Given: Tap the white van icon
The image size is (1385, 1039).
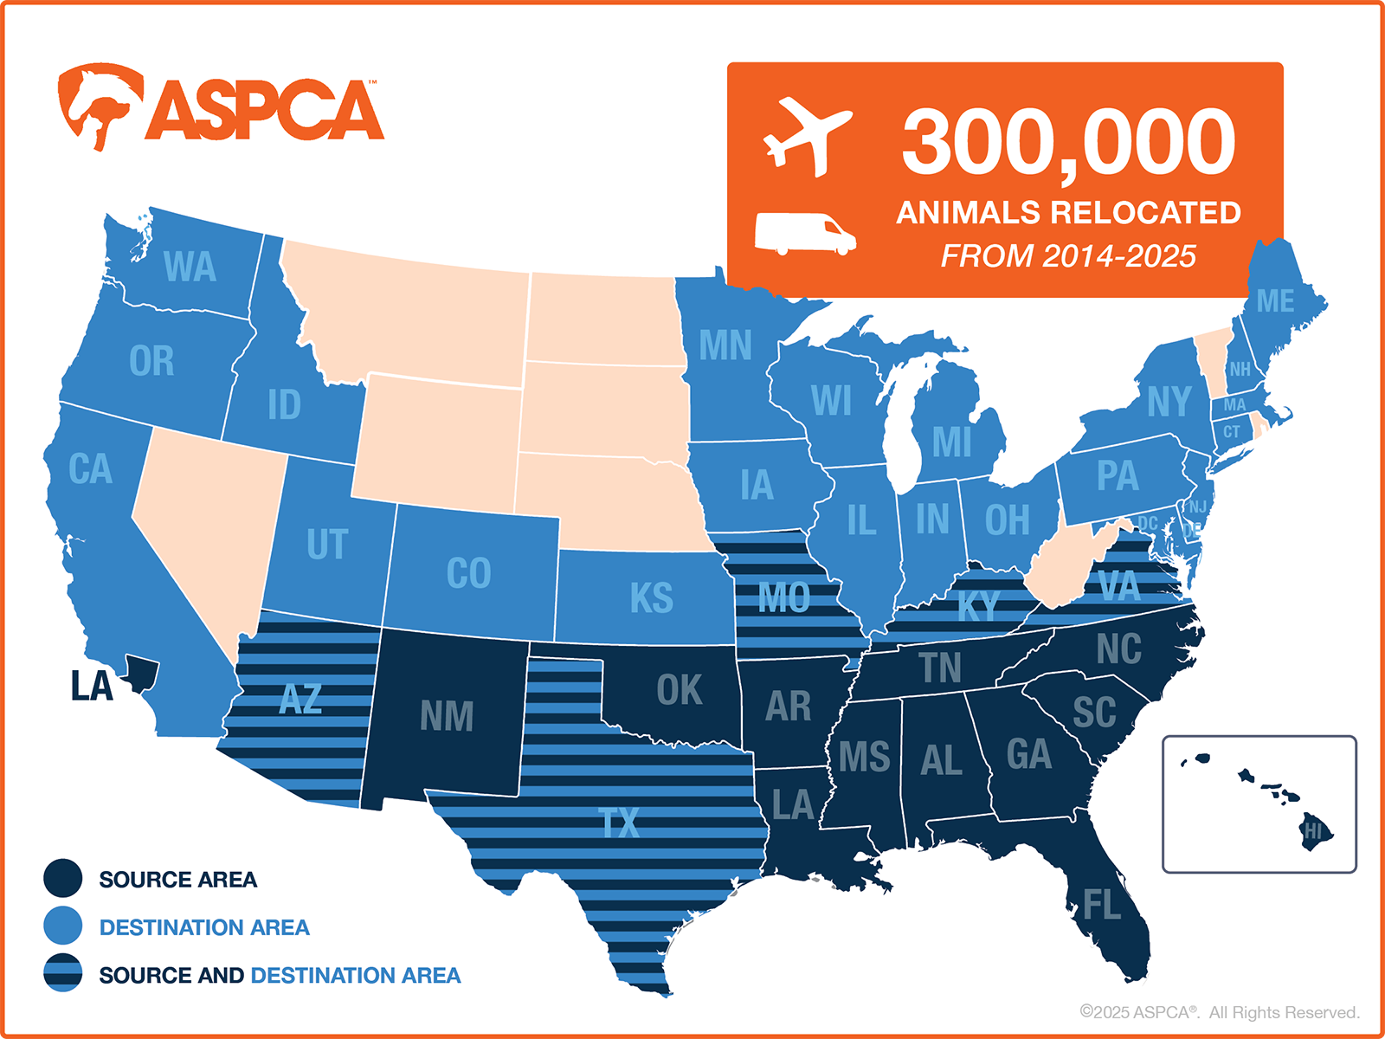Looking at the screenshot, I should click(x=805, y=233).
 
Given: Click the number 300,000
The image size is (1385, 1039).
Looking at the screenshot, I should click(x=1069, y=142).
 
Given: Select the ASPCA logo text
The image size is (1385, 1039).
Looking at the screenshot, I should click(x=265, y=110).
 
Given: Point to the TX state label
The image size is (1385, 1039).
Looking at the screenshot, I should click(x=620, y=823).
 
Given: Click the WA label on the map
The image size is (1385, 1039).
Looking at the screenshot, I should click(x=190, y=267).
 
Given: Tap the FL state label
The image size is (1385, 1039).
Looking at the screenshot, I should click(x=1102, y=906).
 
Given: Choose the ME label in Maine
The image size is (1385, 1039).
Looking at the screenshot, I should click(x=1275, y=301).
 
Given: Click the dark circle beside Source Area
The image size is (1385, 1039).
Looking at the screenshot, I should click(x=63, y=879).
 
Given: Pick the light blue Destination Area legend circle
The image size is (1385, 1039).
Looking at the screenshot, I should click(x=63, y=926).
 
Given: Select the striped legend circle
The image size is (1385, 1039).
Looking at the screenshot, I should click(x=63, y=974).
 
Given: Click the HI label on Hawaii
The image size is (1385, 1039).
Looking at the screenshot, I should click(x=1314, y=832).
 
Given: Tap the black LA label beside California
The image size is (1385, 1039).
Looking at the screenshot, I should click(x=92, y=687).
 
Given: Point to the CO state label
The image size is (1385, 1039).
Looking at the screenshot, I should click(x=468, y=573).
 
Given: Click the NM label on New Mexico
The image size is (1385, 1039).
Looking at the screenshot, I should click(x=447, y=716).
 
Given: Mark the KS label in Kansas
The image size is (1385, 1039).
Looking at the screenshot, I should click(x=651, y=597).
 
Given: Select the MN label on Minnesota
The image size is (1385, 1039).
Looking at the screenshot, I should click(x=725, y=345).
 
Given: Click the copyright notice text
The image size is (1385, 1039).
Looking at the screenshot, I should click(x=1219, y=1012).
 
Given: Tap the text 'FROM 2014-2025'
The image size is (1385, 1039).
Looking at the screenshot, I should click(x=1068, y=256).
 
